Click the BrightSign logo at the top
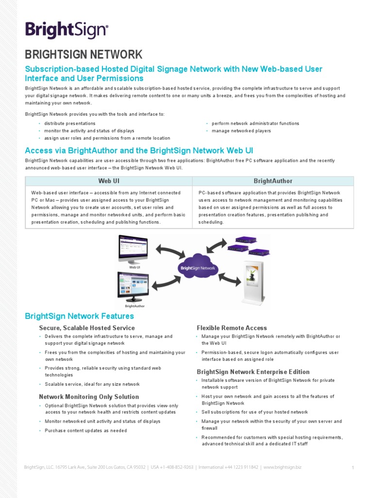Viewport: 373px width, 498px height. [x=67, y=30]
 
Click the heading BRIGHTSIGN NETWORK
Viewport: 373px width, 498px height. [x=84, y=54]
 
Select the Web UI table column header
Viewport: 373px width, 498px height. [x=108, y=181]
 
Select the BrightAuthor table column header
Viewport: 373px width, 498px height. [x=273, y=181]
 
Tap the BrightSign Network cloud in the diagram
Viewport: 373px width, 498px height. [x=199, y=267]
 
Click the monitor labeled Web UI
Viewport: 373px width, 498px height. [x=133, y=249]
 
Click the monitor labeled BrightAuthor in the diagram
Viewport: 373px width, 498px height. [x=133, y=286]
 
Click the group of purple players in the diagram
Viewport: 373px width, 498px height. [x=245, y=246]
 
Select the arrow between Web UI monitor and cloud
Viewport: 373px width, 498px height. [x=170, y=252]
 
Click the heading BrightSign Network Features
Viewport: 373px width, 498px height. [x=79, y=316]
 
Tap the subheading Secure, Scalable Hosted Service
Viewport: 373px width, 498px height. [x=87, y=328]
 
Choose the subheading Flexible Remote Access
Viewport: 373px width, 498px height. [x=232, y=328]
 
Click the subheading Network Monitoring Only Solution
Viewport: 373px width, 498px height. [x=89, y=397]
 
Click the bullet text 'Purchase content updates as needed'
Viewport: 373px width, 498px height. [x=86, y=430]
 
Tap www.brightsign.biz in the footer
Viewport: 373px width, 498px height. [x=283, y=467]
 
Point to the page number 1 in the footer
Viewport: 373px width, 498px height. [x=353, y=468]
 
